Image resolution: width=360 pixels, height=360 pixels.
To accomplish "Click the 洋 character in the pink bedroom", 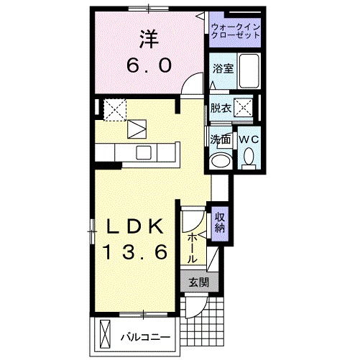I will pos(149,37).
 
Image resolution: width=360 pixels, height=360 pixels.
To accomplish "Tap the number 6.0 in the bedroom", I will pos(149,65).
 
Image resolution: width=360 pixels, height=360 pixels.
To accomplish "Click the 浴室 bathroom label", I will pos(221,69).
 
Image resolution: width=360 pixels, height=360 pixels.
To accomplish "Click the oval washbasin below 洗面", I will pos(221,159).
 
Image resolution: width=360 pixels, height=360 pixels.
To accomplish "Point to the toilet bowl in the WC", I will pos(248,156).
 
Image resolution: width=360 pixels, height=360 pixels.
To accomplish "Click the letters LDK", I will pos(137,226).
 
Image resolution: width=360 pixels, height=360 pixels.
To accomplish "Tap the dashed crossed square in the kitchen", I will pos(114,109).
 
